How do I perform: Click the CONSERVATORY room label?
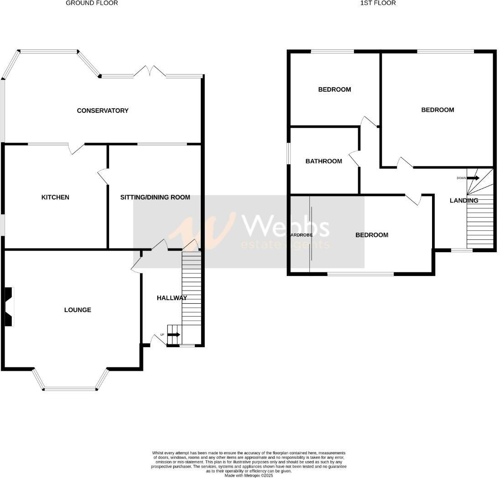(x=103, y=110)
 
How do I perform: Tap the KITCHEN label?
(x=55, y=197)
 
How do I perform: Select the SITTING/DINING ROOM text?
(x=155, y=197)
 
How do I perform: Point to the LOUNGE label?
(x=78, y=310)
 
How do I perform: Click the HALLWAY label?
(x=172, y=298)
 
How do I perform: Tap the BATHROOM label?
(x=323, y=161)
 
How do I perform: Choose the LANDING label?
(x=464, y=200)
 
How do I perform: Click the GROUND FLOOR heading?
(x=92, y=3)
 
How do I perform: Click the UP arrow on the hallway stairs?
(x=174, y=335)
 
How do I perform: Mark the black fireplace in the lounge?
(x=9, y=307)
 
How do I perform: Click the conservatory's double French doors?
(x=150, y=72)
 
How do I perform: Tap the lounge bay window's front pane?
(x=70, y=389)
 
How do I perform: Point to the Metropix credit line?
(x=249, y=475)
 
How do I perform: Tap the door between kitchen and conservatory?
(x=76, y=147)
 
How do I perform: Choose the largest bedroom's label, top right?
(x=437, y=109)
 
